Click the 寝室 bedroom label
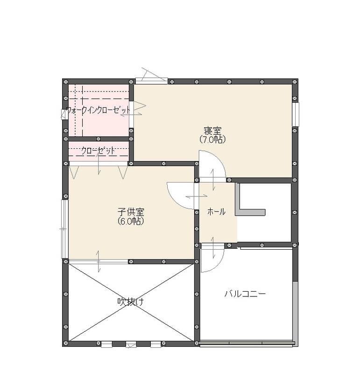click(212, 131)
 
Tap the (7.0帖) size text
click(212, 139)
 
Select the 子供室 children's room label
click(131, 212)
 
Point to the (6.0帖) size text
click(131, 221)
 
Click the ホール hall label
click(216, 212)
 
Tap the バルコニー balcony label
click(245, 294)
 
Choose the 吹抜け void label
click(130, 302)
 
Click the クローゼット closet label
click(98, 151)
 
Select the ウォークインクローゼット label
click(98, 111)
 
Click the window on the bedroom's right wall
click(295, 114)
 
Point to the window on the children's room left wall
click(65, 229)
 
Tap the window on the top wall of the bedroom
click(151, 81)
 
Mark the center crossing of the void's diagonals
click(131, 302)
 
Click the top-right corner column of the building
click(295, 82)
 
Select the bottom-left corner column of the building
click(65, 343)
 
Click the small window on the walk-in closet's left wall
click(64, 114)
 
